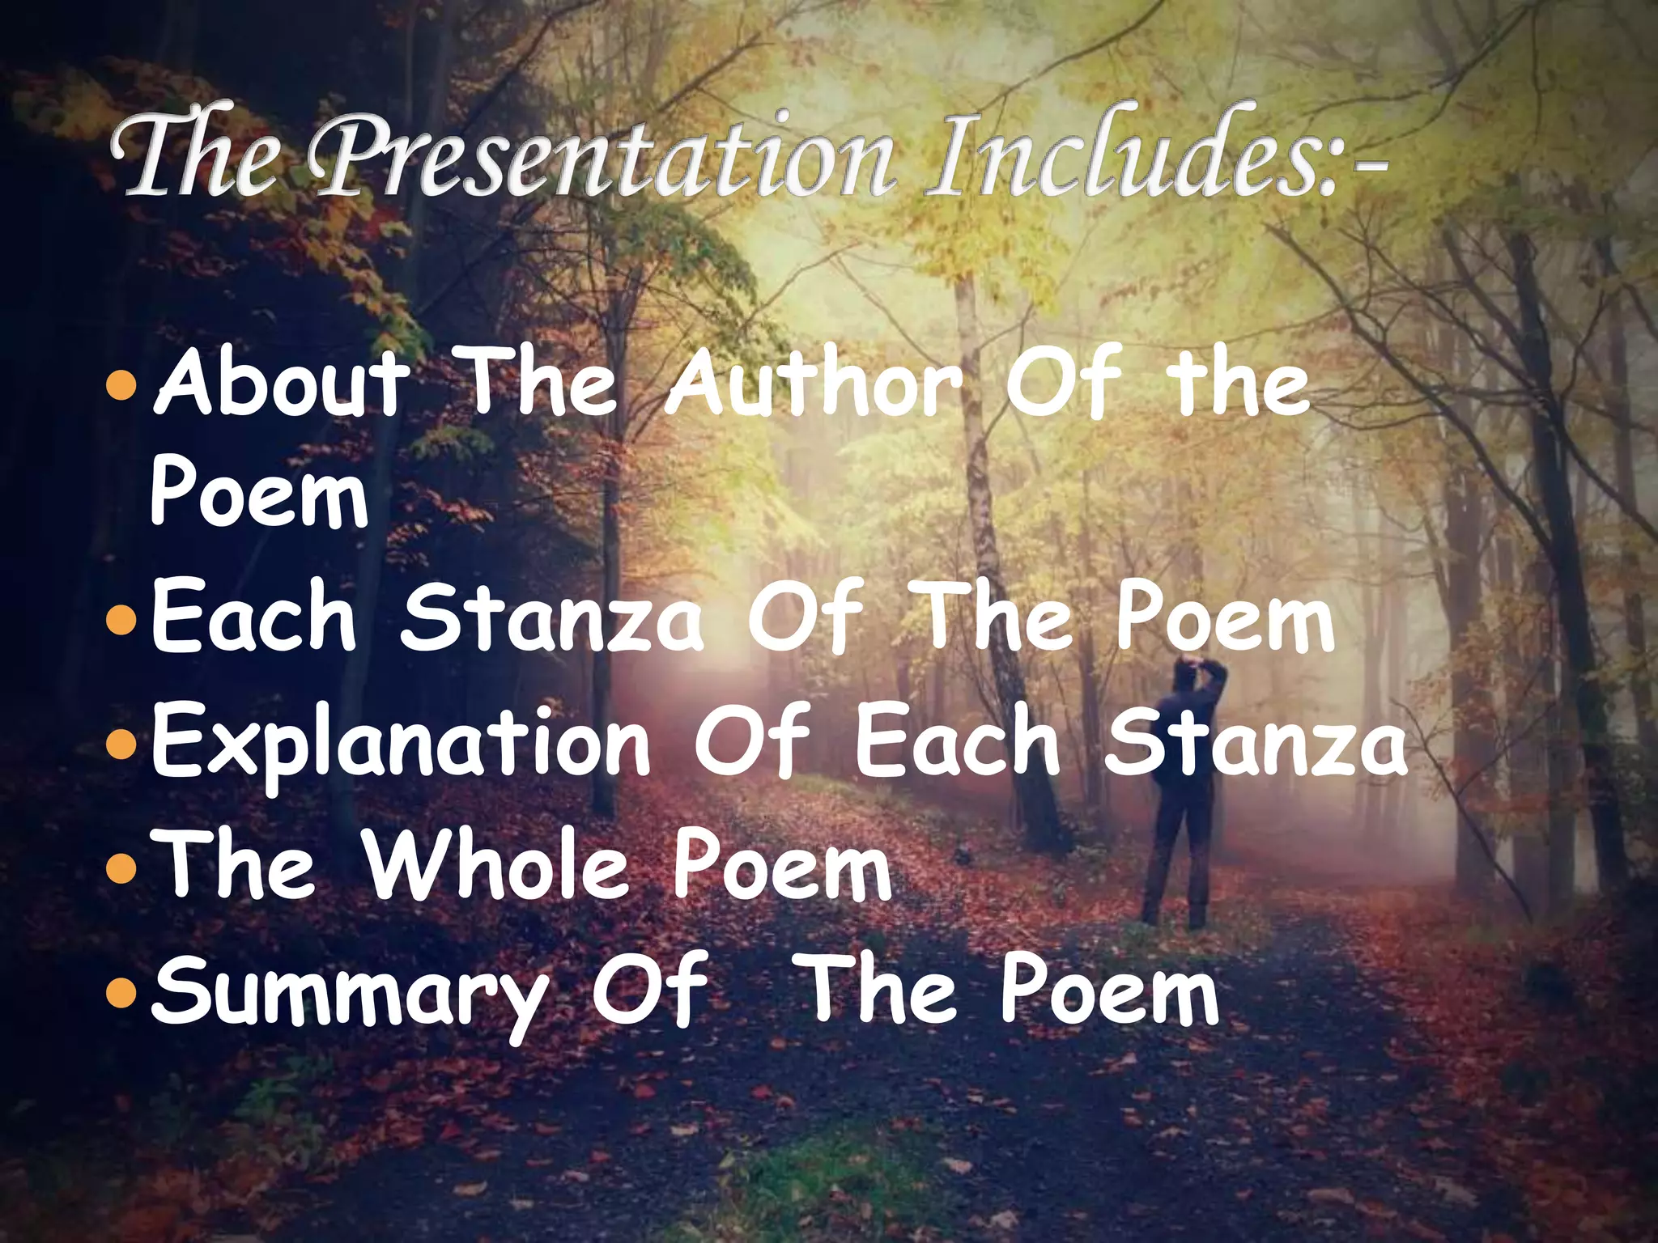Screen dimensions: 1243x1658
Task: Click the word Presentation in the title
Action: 603,158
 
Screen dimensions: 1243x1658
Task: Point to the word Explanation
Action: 401,740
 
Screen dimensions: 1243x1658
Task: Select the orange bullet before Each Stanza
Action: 121,620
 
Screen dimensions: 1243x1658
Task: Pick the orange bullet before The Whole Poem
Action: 121,867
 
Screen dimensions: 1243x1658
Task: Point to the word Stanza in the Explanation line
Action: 1255,740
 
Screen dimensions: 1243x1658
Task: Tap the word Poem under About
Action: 259,495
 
